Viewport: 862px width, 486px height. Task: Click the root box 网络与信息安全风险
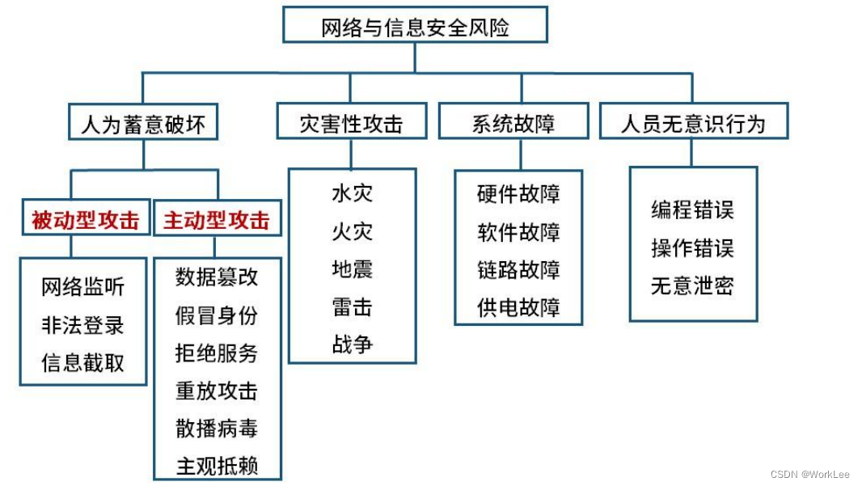(x=415, y=26)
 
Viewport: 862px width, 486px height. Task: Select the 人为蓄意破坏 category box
(x=143, y=123)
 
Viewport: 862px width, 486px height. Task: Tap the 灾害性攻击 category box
(x=350, y=123)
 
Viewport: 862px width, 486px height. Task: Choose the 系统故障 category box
(x=513, y=123)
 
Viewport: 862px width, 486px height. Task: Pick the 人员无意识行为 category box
(x=693, y=123)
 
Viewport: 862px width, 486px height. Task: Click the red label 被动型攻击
(x=85, y=219)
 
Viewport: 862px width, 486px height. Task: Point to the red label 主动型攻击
(x=217, y=220)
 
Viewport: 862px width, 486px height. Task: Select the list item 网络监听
(x=83, y=287)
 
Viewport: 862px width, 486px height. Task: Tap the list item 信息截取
(x=83, y=362)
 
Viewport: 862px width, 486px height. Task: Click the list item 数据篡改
(x=217, y=277)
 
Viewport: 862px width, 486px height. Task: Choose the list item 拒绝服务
(x=217, y=353)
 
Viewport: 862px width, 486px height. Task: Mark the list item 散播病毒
(x=217, y=428)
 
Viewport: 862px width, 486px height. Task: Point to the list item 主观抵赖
(x=217, y=466)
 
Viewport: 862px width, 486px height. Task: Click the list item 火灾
(x=352, y=231)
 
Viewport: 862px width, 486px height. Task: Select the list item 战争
(x=352, y=344)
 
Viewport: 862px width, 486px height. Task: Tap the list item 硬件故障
(x=518, y=194)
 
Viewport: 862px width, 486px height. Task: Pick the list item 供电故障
(x=518, y=307)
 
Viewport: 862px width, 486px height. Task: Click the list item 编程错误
(x=693, y=209)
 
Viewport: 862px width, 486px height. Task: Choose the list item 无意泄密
(x=693, y=285)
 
